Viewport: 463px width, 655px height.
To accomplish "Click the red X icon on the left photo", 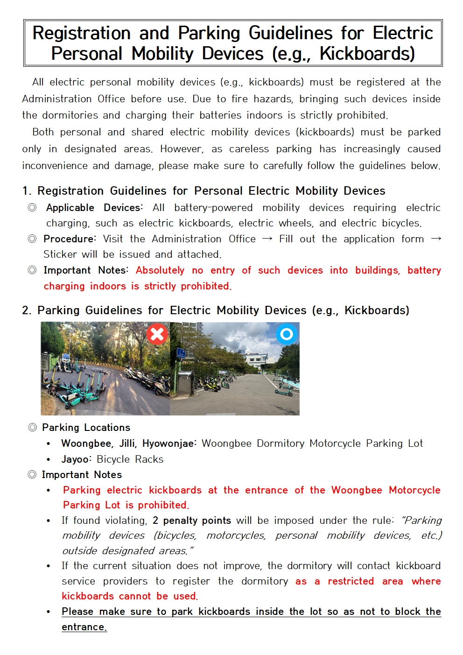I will (157, 334).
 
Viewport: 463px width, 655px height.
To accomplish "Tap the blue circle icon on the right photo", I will (287, 334).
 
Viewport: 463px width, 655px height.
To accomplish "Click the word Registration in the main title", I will (81, 33).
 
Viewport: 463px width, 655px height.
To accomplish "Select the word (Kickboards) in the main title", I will (367, 54).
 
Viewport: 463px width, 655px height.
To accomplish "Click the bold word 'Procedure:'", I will (70, 239).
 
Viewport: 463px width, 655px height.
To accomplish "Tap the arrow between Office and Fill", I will (267, 239).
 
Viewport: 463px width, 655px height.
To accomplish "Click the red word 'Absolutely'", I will (160, 270).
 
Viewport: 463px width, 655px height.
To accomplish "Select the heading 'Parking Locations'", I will (86, 428).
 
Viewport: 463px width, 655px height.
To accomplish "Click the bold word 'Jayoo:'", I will (77, 459).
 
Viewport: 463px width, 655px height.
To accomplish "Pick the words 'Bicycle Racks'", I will (130, 459).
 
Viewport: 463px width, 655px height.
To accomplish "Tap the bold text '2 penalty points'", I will (192, 521).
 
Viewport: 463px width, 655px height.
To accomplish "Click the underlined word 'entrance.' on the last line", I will (84, 627).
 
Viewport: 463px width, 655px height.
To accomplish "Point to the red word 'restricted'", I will (351, 581).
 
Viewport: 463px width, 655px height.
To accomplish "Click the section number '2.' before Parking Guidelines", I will (27, 310).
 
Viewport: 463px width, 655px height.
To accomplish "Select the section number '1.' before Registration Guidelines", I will (27, 191).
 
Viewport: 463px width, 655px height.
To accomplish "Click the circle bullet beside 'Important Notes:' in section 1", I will (32, 270).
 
